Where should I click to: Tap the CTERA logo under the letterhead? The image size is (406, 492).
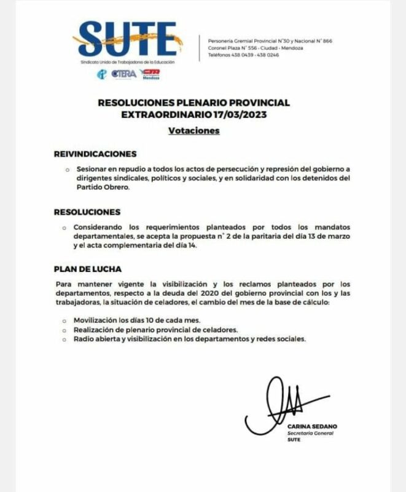[124, 74]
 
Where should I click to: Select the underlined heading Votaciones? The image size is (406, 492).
[193, 131]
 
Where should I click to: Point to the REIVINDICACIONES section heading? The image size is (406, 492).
[95, 154]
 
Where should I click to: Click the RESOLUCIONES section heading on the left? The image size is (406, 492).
[87, 212]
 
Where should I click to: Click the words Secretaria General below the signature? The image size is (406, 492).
[310, 434]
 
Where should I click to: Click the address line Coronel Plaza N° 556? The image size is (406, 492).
[243, 47]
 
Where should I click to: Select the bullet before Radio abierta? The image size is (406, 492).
[66, 339]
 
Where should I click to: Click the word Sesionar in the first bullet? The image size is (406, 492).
[91, 169]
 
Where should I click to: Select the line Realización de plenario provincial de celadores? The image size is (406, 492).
[164, 330]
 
